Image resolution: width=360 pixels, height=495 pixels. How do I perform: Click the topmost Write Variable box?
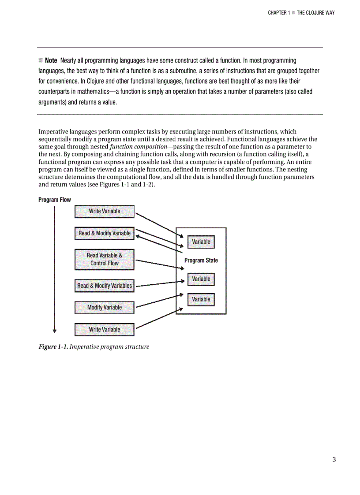[104, 212]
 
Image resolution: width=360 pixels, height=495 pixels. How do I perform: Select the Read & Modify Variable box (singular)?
[104, 233]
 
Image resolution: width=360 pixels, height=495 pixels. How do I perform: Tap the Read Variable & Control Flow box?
[104, 259]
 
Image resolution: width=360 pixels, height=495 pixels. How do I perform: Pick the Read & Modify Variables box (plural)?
[104, 286]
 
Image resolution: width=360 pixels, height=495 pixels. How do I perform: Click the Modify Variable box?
[104, 308]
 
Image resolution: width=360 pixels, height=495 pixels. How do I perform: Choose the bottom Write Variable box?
[104, 329]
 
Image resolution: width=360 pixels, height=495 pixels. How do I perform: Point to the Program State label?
[201, 261]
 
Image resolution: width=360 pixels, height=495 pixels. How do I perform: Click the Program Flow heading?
[54, 200]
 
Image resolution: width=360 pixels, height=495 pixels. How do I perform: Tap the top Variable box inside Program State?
[201, 242]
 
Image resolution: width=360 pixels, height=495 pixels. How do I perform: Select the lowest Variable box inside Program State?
[201, 299]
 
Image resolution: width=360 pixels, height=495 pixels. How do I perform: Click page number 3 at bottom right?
[334, 460]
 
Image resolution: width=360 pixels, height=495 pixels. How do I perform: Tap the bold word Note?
[51, 60]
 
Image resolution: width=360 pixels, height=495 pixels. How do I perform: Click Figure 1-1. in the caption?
[53, 347]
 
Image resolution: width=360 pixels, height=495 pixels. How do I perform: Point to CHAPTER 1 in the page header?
[279, 13]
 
